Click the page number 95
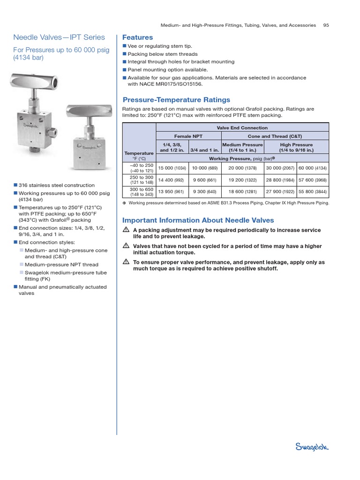pyautogui.click(x=326, y=25)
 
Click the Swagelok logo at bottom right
pyautogui.click(x=313, y=447)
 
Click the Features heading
pyautogui.click(x=137, y=37)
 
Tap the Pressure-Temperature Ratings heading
pyautogui.click(x=176, y=99)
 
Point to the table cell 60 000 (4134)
pyautogui.click(x=313, y=168)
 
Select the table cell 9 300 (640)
pyautogui.click(x=205, y=191)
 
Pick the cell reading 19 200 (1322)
pyautogui.click(x=242, y=180)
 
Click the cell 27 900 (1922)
pyautogui.click(x=280, y=191)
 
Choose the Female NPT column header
pyautogui.click(x=188, y=136)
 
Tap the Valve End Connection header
pyautogui.click(x=242, y=127)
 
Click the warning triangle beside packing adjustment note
pyautogui.click(x=126, y=230)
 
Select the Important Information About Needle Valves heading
pyautogui.click(x=198, y=220)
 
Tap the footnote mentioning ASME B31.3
pyautogui.click(x=229, y=203)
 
